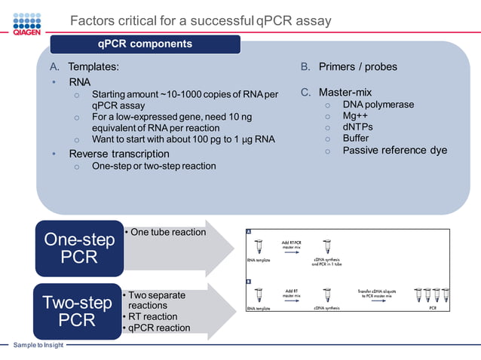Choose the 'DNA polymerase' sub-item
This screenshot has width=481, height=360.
[378, 105]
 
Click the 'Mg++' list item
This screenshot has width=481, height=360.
[356, 116]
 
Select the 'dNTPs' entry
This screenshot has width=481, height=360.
[358, 127]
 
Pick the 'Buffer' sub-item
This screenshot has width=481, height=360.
[356, 139]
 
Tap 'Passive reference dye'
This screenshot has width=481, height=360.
[394, 151]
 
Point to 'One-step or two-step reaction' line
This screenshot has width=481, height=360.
[154, 166]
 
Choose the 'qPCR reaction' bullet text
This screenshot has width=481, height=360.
[158, 328]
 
